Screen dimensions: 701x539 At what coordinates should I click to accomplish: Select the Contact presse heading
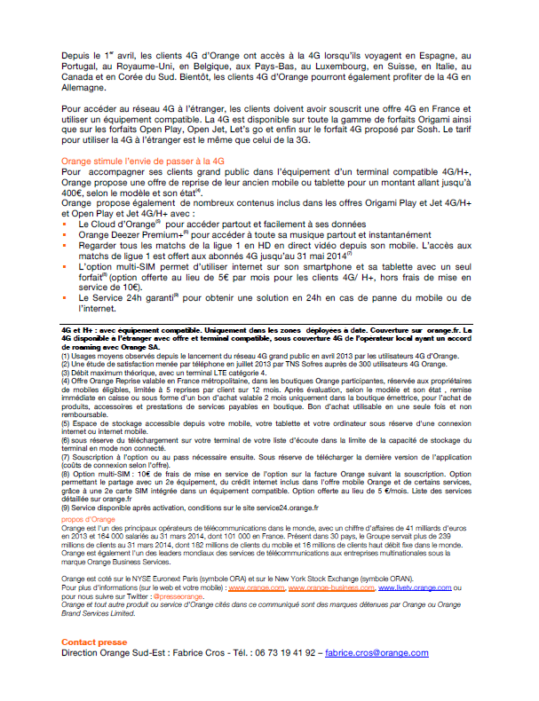click(93, 642)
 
